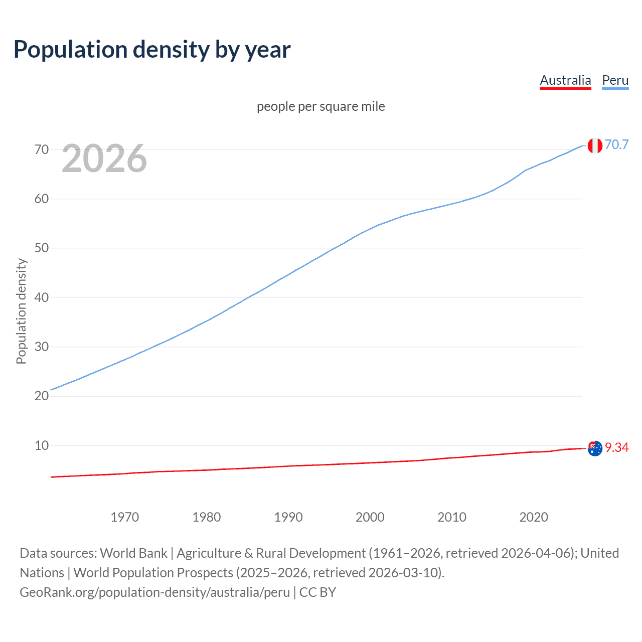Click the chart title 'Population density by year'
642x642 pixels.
click(x=152, y=50)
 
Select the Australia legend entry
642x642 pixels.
click(x=565, y=81)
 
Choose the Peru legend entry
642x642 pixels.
click(x=615, y=81)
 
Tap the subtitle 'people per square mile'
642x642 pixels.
click(x=321, y=106)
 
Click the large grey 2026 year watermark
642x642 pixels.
click(x=104, y=159)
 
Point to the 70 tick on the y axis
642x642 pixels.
click(x=42, y=149)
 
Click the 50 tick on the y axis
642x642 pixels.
click(x=42, y=248)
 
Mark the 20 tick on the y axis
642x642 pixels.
click(x=42, y=396)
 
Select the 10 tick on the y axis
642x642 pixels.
click(x=42, y=445)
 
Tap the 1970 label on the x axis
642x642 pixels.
click(x=125, y=517)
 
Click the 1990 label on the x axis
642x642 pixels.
click(x=288, y=517)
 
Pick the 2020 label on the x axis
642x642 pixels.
click(x=534, y=517)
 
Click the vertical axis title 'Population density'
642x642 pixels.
click(x=21, y=311)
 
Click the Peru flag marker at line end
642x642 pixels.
click(x=595, y=145)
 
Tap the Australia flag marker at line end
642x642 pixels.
click(x=595, y=448)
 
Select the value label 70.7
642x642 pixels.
click(x=616, y=145)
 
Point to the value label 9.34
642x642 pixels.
click(x=616, y=447)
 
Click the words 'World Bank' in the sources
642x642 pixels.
click(x=133, y=553)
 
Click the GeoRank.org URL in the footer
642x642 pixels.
click(x=154, y=592)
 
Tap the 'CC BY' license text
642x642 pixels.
click(x=317, y=592)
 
